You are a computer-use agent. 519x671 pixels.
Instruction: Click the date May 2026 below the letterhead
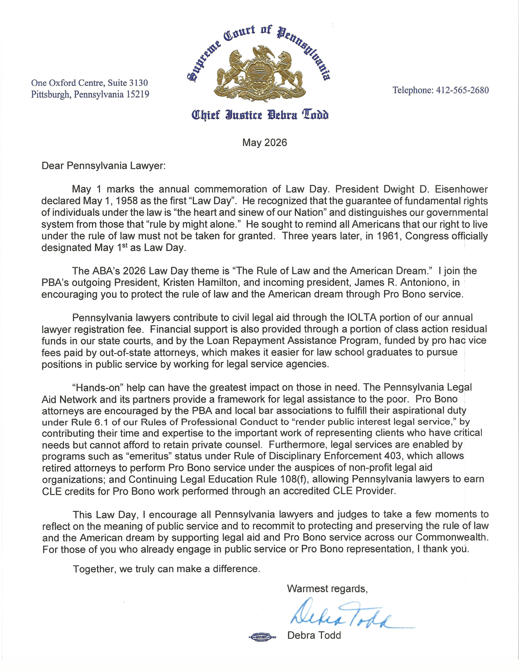(264, 142)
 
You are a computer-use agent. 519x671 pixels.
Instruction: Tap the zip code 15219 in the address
(138, 94)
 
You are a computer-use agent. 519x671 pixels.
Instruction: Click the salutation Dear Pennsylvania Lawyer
(103, 166)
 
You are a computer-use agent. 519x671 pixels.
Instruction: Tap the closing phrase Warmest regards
(327, 589)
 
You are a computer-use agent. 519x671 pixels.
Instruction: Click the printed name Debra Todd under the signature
(314, 635)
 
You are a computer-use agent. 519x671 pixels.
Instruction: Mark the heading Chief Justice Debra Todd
(260, 115)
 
